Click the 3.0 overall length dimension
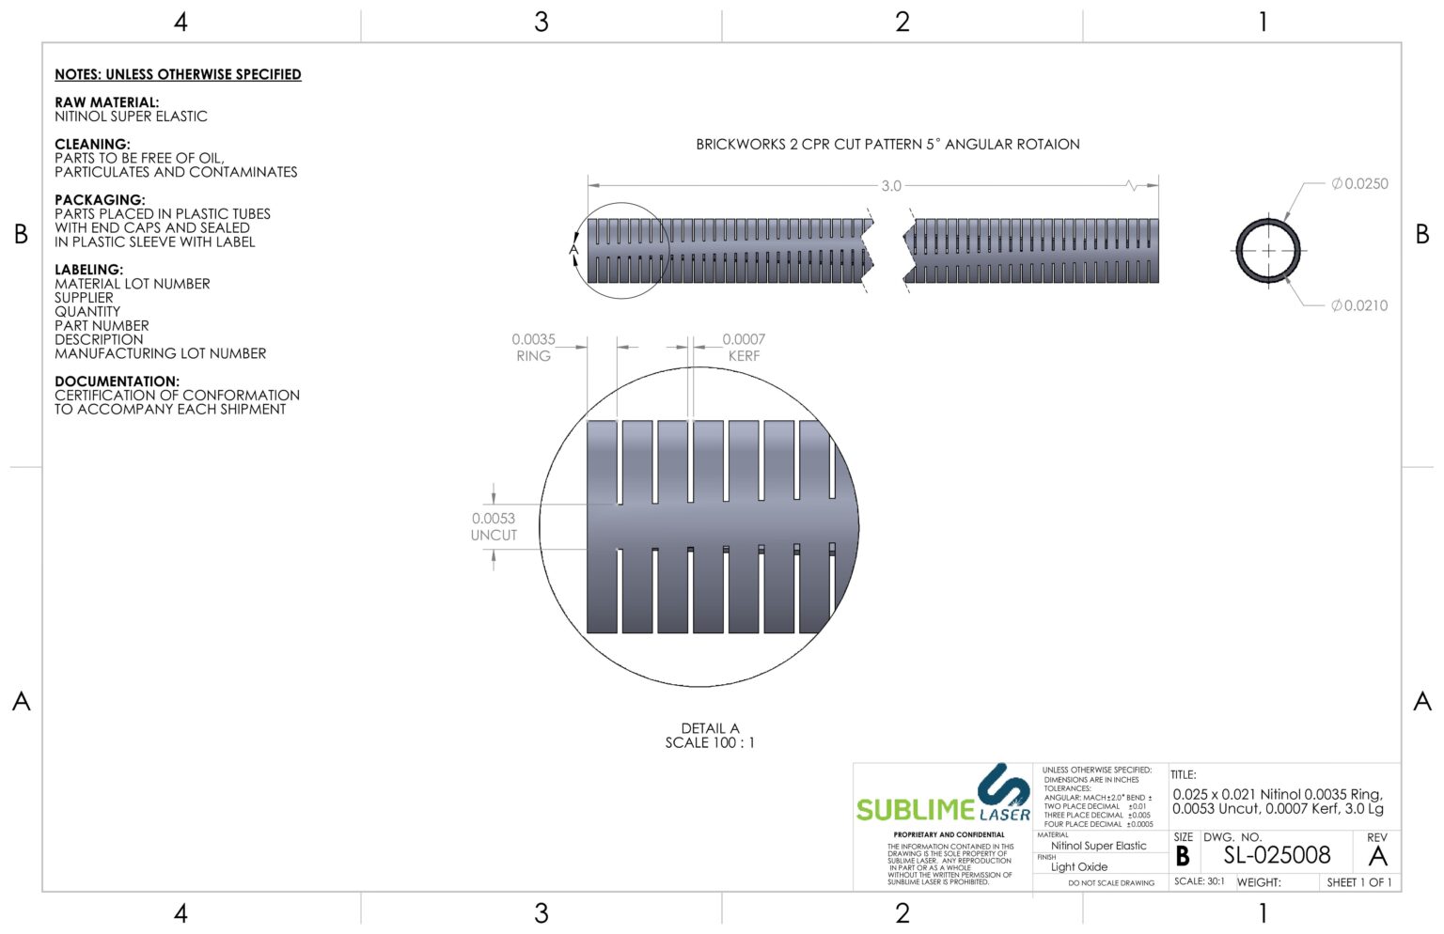point(890,186)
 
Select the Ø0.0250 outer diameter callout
point(1359,184)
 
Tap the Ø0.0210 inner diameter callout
point(1359,305)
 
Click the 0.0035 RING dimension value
point(533,339)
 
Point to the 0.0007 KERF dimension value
point(744,339)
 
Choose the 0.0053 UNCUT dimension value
point(494,519)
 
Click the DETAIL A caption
point(710,728)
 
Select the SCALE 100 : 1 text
point(710,743)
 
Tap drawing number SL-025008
point(1277,855)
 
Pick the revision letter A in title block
point(1377,856)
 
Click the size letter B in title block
point(1183,856)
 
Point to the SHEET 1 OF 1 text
point(1358,882)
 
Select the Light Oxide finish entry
point(1079,867)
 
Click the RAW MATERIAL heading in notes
point(106,102)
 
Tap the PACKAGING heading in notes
point(100,200)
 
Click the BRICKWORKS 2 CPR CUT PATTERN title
point(887,145)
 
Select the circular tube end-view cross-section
point(1268,251)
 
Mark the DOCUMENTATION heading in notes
point(117,381)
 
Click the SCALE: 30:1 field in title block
point(1199,881)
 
